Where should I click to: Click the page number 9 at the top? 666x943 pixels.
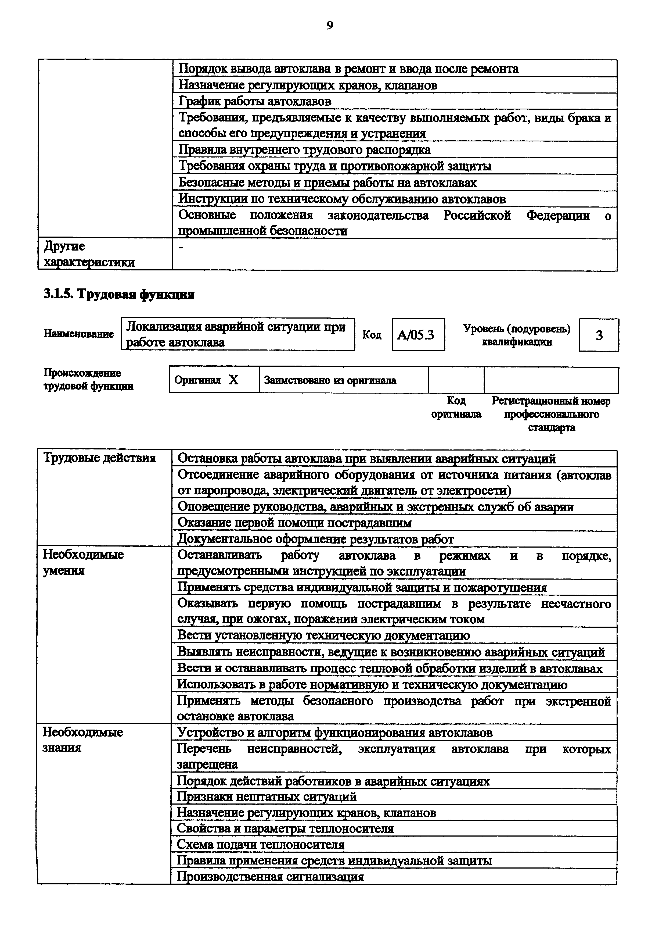pyautogui.click(x=330, y=26)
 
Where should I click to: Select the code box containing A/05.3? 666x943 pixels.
pyautogui.click(x=418, y=335)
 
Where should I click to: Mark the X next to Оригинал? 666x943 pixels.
pyautogui.click(x=233, y=380)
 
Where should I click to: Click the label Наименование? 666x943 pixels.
pyautogui.click(x=78, y=334)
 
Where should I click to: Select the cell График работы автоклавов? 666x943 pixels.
pyautogui.click(x=255, y=101)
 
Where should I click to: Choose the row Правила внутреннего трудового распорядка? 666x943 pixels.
pyautogui.click(x=304, y=149)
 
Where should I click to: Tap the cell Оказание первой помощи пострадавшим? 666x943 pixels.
pyautogui.click(x=294, y=523)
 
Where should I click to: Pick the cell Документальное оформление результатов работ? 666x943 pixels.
pyautogui.click(x=315, y=539)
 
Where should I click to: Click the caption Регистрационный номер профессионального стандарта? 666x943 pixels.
pyautogui.click(x=551, y=414)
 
